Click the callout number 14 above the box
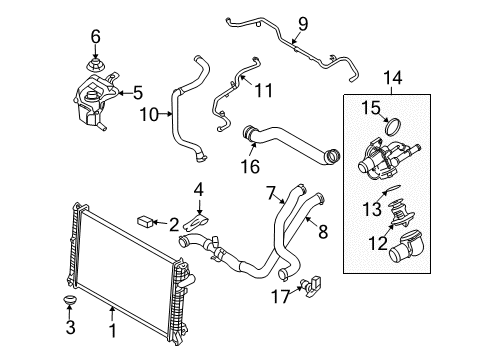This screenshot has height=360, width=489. (x=392, y=78)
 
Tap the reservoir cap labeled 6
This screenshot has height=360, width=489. (x=96, y=64)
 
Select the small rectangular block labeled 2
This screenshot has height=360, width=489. (x=145, y=221)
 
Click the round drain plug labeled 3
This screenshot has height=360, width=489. (x=70, y=300)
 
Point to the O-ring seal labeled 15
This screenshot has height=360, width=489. (x=393, y=127)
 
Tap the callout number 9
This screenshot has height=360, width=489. (x=303, y=24)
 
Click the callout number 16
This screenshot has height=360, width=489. (x=250, y=166)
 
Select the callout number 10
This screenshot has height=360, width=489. (x=149, y=114)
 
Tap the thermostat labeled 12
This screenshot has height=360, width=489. (x=399, y=213)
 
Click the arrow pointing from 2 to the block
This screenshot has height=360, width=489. (x=159, y=222)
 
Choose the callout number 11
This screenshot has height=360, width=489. (x=263, y=90)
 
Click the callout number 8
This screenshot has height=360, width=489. (x=323, y=231)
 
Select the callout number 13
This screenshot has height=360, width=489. (x=372, y=209)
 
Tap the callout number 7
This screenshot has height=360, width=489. (x=270, y=193)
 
